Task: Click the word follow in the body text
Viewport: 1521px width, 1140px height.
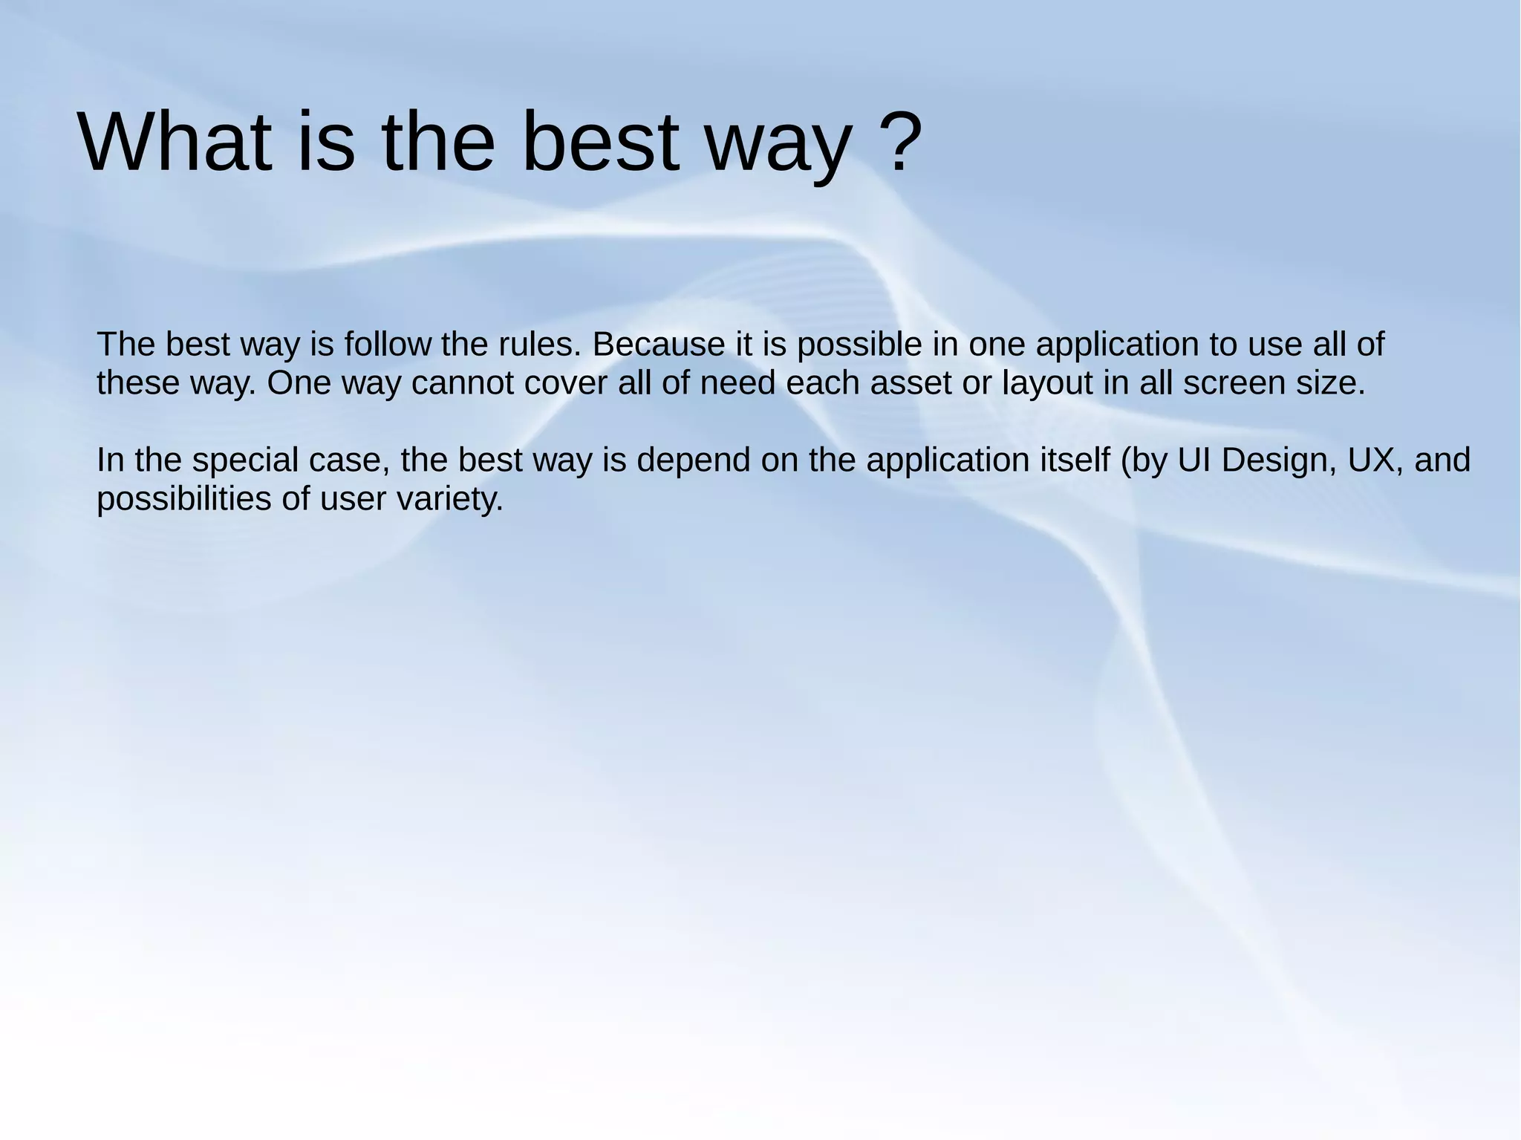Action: click(x=388, y=345)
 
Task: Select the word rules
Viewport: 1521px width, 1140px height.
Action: click(x=541, y=345)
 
